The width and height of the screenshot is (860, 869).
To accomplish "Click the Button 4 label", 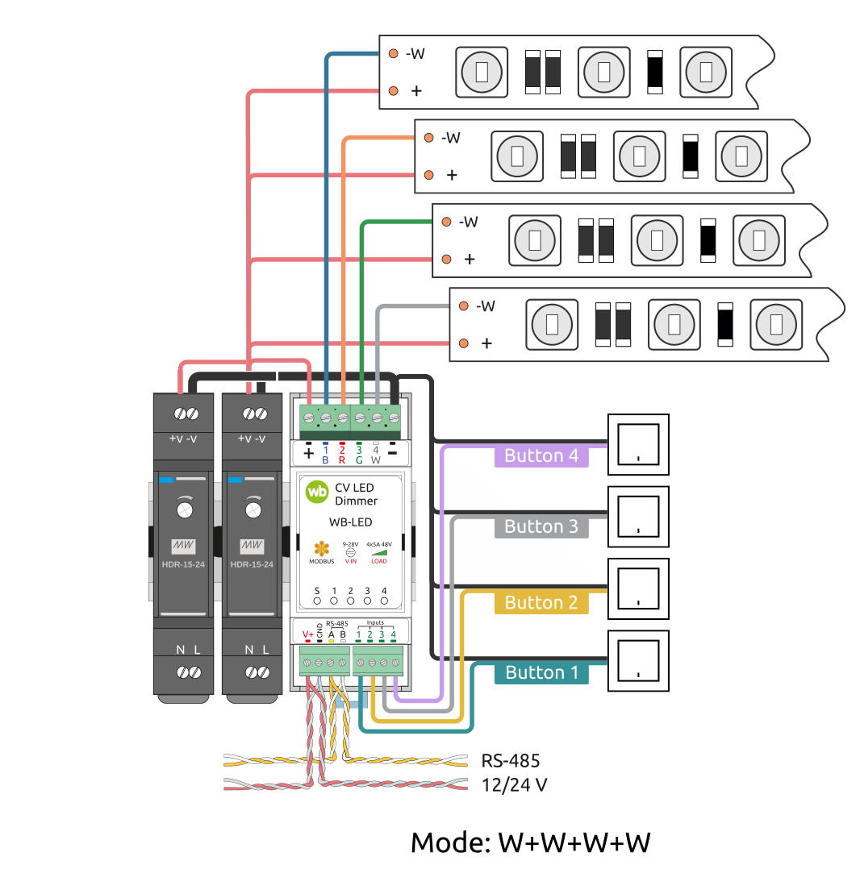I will tap(541, 456).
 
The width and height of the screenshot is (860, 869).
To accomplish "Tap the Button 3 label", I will tap(541, 527).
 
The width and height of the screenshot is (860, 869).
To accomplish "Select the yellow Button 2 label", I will tap(541, 603).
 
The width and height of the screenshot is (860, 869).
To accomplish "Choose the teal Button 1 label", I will tap(541, 673).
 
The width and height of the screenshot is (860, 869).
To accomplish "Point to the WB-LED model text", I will tap(350, 522).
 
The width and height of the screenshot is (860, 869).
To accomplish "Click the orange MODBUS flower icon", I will tap(322, 550).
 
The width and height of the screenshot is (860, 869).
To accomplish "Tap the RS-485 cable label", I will tap(510, 760).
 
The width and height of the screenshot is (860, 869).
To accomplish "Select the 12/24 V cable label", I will tap(515, 784).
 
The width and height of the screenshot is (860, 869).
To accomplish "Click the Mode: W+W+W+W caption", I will tap(530, 843).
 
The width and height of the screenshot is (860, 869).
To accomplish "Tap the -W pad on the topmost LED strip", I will tap(393, 54).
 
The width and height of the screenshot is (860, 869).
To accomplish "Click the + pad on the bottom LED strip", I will tap(464, 343).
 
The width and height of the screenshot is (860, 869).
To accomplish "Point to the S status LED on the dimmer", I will tap(317, 601).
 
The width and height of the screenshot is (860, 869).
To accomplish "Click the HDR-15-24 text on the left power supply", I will tap(184, 564).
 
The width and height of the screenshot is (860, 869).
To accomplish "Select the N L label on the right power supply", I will tap(257, 650).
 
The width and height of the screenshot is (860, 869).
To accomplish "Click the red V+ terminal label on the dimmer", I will tap(307, 634).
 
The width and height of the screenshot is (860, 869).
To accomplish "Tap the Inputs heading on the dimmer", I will tap(375, 622).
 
